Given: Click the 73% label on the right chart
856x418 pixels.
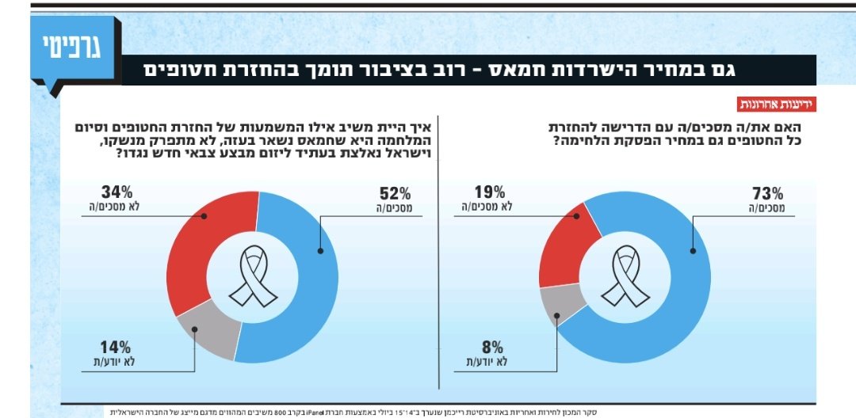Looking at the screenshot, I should coord(766,193).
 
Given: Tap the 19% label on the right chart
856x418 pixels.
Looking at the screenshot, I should coord(491,192).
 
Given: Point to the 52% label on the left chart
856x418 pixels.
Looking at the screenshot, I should coord(394,193).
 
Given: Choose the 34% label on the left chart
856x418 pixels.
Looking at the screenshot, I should coord(116,192).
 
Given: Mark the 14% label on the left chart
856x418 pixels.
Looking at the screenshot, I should coord(116,347).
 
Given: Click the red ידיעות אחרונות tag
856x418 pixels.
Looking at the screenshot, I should coord(776,104).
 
